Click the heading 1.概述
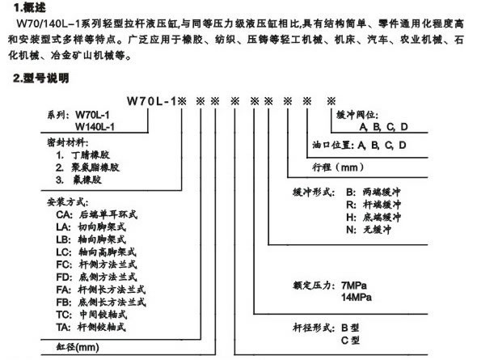[29, 7]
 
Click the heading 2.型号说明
[40, 78]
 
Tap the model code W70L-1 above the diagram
[152, 101]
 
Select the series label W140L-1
[95, 126]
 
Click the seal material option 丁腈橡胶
[91, 155]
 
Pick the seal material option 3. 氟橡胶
[78, 180]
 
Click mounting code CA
[64, 214]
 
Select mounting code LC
[64, 252]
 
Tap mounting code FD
[64, 277]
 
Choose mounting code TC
[64, 315]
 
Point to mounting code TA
[64, 327]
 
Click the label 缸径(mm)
[78, 347]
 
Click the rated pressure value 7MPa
[354, 286]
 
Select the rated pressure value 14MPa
[357, 297]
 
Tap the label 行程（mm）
[338, 167]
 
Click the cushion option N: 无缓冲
[369, 230]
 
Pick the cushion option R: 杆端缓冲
[373, 205]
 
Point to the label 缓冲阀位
[357, 115]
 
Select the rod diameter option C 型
[350, 340]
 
